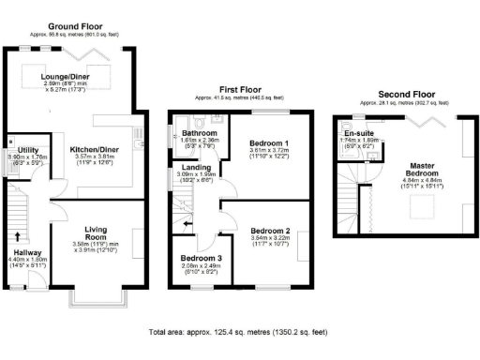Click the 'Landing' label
197,167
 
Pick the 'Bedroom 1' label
268,142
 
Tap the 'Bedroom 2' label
270,230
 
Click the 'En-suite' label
359,133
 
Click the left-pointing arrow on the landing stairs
188,223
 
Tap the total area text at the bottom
239,332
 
